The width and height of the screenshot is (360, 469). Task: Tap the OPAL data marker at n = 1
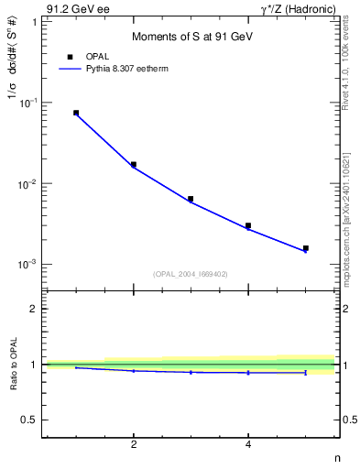[76, 113]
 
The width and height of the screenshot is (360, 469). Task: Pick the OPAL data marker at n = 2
[134, 165]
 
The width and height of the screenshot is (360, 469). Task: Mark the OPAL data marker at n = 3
[191, 199]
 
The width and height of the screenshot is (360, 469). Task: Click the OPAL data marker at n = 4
[248, 225]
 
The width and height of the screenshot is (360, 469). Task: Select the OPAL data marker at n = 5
[306, 248]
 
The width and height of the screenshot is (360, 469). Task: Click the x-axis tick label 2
[134, 446]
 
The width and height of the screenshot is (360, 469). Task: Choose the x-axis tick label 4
[248, 446]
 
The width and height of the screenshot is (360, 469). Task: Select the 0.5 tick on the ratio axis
[30, 420]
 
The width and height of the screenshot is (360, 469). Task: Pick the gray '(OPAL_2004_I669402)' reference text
[191, 273]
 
